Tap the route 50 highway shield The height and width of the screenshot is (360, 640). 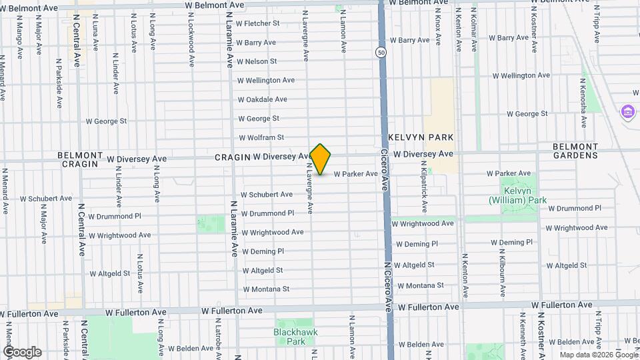click(381, 52)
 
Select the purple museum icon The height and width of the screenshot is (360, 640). click(627, 111)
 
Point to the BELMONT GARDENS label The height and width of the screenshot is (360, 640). click(575, 151)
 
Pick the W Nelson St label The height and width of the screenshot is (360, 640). click(257, 61)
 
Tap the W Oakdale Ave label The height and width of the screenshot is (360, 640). click(263, 99)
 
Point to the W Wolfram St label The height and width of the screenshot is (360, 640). click(261, 138)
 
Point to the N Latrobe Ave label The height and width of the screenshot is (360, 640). click(217, 333)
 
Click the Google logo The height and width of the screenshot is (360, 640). click(22, 352)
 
